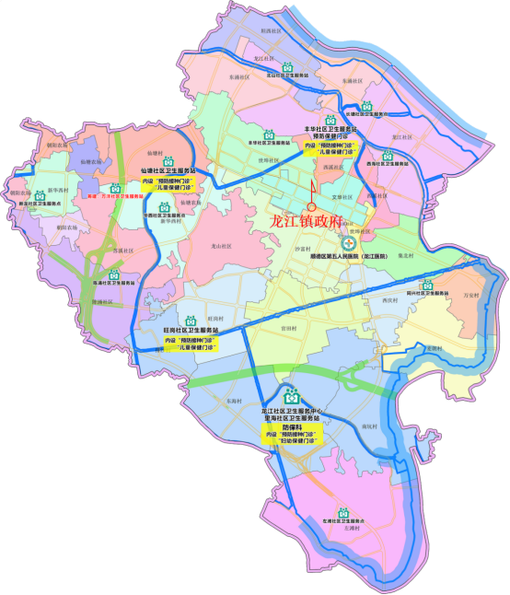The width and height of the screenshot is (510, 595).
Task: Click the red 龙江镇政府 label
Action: (x=316, y=220)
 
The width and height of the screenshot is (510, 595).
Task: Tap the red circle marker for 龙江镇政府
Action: (x=311, y=207)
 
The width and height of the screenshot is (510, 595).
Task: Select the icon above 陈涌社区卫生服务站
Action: (x=114, y=274)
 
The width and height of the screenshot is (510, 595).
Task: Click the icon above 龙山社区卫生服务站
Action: (x=286, y=67)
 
